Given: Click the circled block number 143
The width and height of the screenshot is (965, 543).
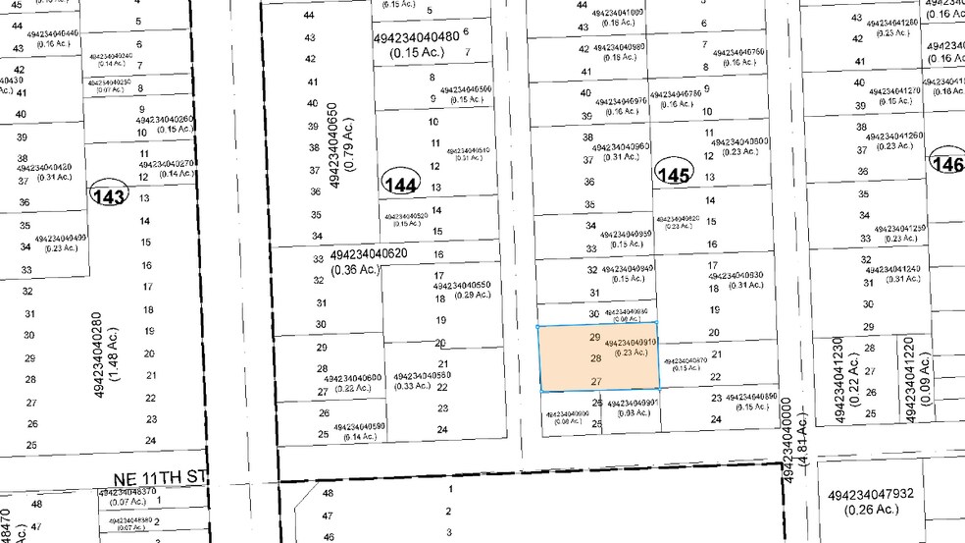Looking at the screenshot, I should tap(109, 196).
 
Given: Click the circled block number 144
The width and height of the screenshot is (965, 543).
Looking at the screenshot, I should tap(400, 184).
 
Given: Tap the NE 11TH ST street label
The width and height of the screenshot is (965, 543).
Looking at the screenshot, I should tap(156, 475).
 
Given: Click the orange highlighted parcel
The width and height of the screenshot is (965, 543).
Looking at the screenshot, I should tap(597, 357).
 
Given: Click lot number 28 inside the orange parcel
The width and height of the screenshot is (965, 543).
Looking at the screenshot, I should tap(595, 358).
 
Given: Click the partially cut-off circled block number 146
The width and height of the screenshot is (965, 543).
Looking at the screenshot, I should tap(950, 164).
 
